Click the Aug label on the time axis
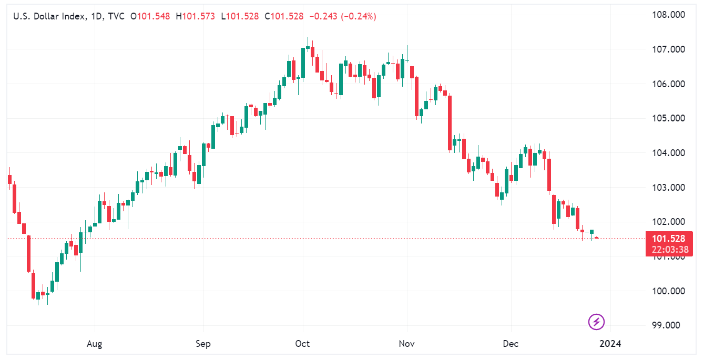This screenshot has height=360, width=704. [94, 344]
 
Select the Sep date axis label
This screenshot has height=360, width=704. [203, 344]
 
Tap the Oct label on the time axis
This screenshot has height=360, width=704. [302, 344]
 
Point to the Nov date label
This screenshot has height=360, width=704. [406, 344]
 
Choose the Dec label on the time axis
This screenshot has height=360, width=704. [511, 344]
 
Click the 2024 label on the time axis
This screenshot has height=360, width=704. [610, 344]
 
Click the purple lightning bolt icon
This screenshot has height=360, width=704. [596, 322]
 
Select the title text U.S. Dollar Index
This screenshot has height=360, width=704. [49, 17]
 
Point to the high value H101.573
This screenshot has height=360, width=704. [195, 17]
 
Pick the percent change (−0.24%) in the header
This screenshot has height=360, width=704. [359, 17]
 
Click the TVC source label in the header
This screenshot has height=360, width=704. [115, 17]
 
